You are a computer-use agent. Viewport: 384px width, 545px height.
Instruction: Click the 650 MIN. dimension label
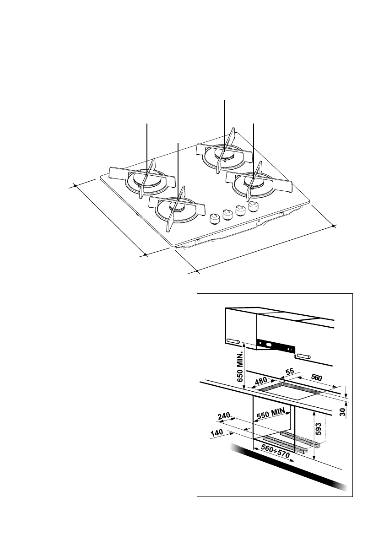[x=238, y=367]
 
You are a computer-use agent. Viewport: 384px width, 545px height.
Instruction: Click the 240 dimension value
[x=223, y=416]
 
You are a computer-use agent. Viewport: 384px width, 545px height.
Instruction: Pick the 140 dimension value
[x=216, y=432]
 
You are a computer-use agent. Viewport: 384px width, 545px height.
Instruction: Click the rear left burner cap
[x=146, y=179]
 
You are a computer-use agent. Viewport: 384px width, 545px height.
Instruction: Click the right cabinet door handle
[x=303, y=356]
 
